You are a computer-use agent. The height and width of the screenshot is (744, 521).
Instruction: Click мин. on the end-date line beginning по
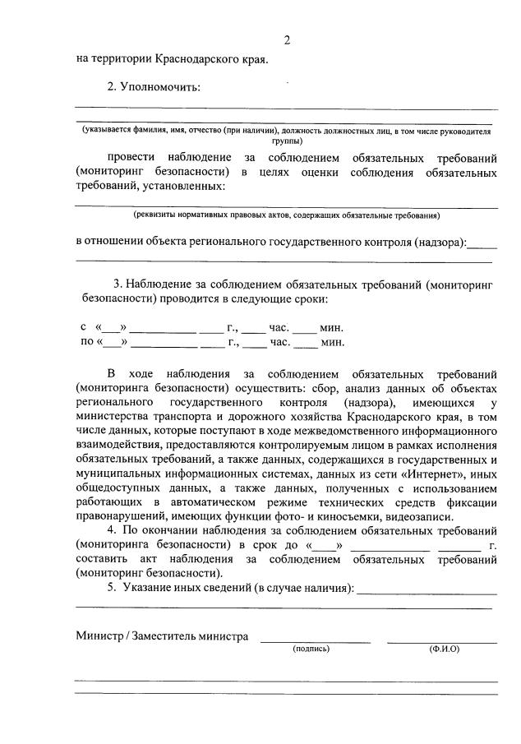coord(332,342)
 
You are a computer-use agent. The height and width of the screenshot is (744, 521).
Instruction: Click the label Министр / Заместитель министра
coord(162,635)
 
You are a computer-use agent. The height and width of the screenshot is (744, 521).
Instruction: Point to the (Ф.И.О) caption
coord(444,649)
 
